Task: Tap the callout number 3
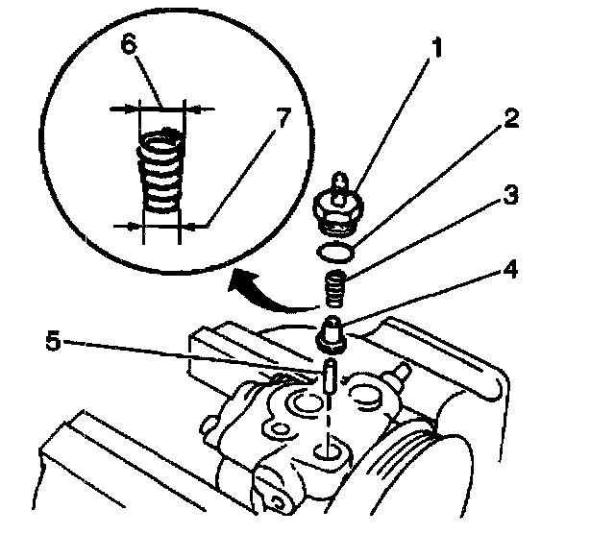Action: (x=510, y=198)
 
